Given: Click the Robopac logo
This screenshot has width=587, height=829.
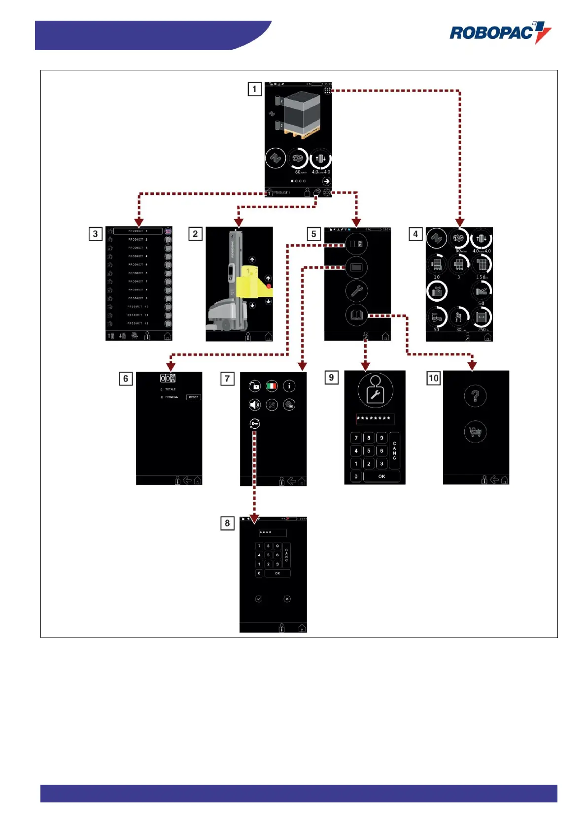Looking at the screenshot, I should tap(500, 32).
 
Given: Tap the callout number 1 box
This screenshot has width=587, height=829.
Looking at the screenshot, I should tap(254, 89).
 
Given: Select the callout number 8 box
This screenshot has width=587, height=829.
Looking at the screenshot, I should tap(227, 523).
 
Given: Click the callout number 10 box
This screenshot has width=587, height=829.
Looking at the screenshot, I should tap(433, 378).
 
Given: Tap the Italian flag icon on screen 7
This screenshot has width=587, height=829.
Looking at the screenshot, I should tap(272, 386).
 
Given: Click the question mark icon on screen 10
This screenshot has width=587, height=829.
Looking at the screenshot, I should tap(475, 396).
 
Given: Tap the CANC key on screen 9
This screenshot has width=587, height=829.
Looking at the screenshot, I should tap(394, 450).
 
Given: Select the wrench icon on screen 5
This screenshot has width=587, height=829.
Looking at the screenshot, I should tap(356, 291).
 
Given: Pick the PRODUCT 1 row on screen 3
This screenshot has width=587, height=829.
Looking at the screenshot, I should tap(138, 231).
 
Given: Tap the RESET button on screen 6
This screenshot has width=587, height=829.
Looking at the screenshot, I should tap(193, 397).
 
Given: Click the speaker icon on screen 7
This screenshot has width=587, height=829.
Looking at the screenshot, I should tap(254, 405).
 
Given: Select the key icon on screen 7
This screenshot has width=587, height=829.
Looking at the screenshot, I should tap(254, 423).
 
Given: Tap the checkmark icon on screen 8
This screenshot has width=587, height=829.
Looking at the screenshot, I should tap(259, 599).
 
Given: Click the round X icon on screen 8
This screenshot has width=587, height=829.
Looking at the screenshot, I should tap(287, 599).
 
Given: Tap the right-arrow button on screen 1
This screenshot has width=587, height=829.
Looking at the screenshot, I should tap(326, 181).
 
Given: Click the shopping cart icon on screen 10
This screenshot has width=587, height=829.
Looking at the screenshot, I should tap(475, 432).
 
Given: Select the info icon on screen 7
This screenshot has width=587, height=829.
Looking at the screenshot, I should tap(289, 386).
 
